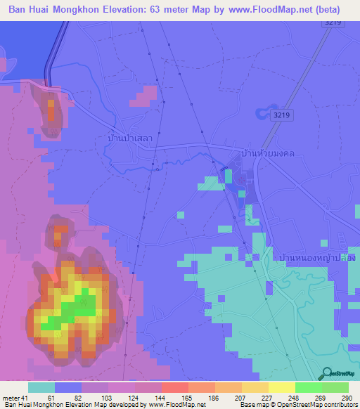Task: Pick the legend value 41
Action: tap(25, 398)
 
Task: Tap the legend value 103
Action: tap(108, 398)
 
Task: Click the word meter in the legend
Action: tap(11, 398)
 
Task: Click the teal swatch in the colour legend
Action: tap(41, 387)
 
